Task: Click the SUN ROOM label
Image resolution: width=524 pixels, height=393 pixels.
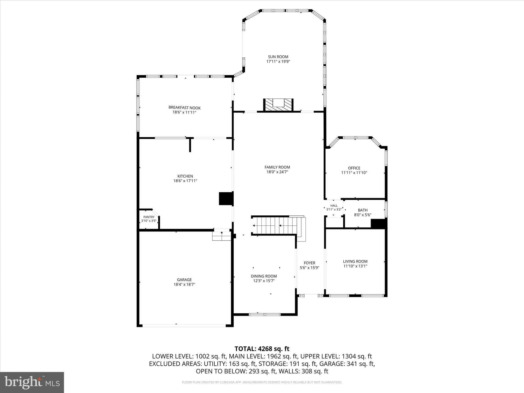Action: point(278,57)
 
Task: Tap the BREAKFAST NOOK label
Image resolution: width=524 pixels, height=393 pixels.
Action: point(184,108)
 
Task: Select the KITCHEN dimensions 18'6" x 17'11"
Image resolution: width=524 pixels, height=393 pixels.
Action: point(185,181)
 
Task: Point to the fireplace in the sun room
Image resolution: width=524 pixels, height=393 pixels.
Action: point(278,105)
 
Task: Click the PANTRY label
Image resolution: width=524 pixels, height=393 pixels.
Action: point(149,217)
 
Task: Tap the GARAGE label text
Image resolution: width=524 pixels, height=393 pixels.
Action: point(184,280)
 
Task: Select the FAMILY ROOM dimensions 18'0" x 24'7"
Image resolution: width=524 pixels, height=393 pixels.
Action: point(277,172)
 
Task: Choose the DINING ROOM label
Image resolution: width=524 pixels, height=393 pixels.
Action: point(264,276)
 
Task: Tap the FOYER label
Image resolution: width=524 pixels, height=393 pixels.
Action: point(310,263)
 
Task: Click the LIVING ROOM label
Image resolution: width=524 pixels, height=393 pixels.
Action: point(355,261)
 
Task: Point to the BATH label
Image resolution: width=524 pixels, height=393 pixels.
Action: point(363,210)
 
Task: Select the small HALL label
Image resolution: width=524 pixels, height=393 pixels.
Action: point(334,205)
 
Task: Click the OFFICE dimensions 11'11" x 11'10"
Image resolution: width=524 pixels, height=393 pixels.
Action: point(354,173)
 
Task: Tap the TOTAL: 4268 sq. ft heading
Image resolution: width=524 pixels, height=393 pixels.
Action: point(262,349)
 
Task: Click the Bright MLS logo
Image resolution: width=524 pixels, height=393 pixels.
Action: point(32,382)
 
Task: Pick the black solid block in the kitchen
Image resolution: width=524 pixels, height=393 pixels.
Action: point(226,199)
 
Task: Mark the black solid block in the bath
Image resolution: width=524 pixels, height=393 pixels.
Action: point(378,224)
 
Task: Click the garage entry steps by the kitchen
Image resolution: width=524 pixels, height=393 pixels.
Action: point(222,236)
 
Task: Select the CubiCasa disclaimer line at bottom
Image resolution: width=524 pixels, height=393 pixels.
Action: point(262,382)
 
